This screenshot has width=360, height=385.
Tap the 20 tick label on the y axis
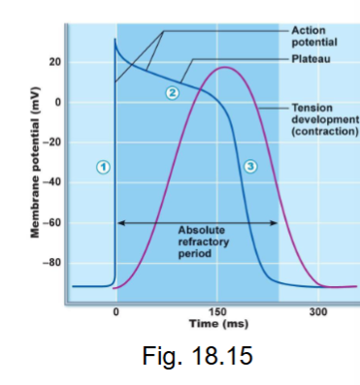(55, 62)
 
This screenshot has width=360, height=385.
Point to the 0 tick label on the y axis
(58, 102)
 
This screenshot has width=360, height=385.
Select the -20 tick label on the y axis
(53, 142)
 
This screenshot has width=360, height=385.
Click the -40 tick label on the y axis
(53, 182)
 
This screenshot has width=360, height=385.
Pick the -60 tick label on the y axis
(53, 222)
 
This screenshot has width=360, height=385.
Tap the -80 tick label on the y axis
(53, 263)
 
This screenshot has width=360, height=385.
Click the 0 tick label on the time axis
(116, 311)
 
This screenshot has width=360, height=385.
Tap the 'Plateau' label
(308, 59)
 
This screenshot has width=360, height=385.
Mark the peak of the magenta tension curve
(224, 68)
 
